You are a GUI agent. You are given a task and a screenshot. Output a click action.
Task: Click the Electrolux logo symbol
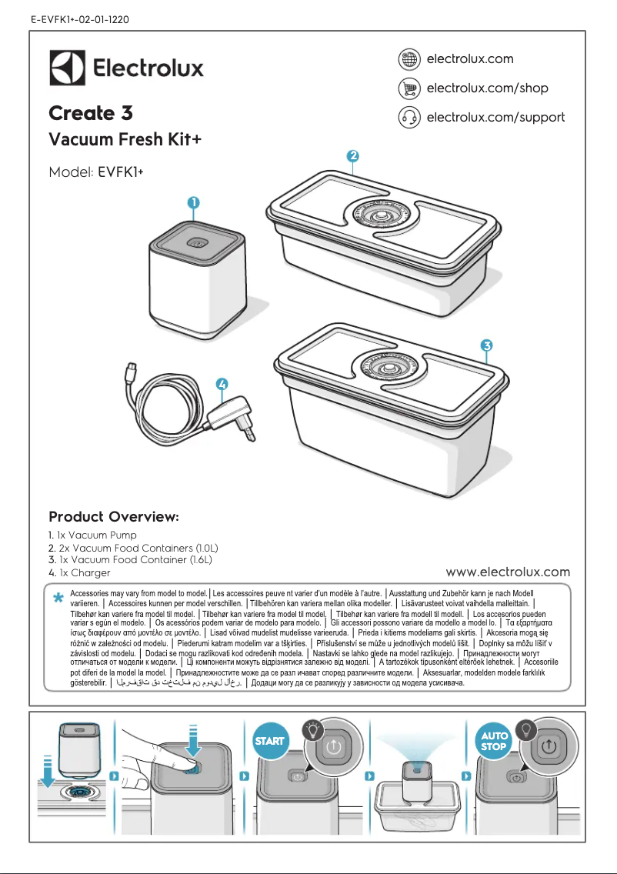[x=67, y=68]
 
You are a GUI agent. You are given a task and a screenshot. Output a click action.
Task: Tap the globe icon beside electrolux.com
[x=409, y=59]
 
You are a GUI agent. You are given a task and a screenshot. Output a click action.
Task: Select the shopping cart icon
[x=409, y=88]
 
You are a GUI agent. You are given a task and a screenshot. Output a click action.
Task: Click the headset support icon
[x=409, y=118]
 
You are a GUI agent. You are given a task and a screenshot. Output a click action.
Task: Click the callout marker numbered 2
[x=352, y=155]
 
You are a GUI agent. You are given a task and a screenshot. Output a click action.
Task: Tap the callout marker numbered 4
[x=222, y=383]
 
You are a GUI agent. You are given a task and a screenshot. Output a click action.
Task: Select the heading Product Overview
[x=114, y=515]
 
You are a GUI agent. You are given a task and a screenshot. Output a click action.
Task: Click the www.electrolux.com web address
[x=508, y=572]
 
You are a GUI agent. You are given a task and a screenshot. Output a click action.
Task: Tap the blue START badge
[x=269, y=741]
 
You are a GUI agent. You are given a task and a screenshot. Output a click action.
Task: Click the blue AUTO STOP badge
[x=494, y=741]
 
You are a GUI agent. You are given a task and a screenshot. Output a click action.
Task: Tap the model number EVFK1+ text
[x=122, y=172]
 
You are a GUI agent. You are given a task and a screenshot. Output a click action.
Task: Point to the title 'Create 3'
[x=91, y=114]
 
